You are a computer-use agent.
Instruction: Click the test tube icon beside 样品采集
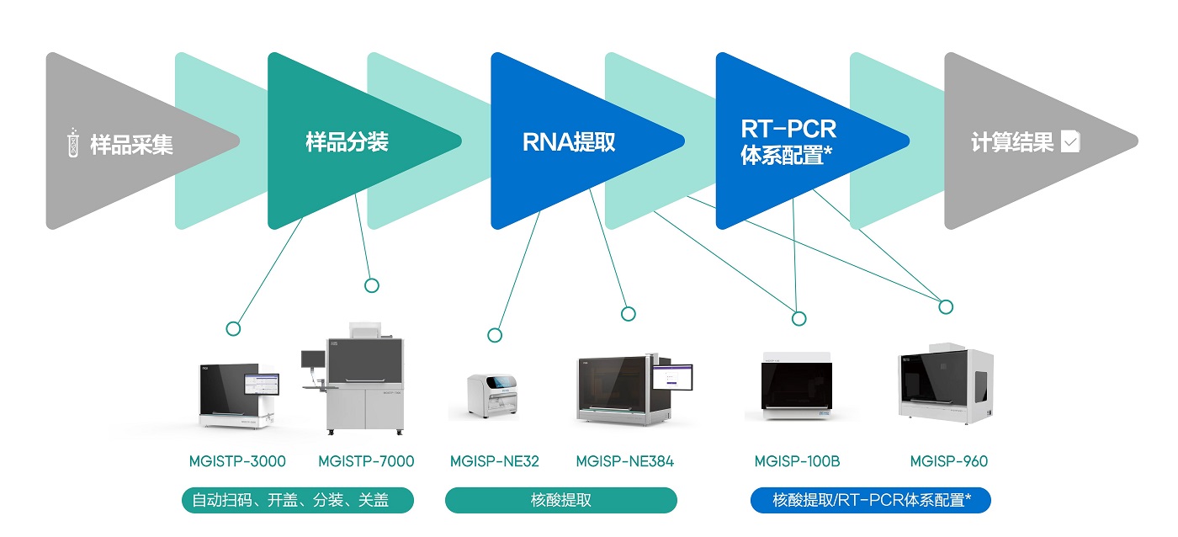pyautogui.click(x=73, y=142)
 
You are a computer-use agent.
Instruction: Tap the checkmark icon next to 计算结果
pyautogui.click(x=1070, y=141)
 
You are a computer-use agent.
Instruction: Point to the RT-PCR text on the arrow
pyautogui.click(x=788, y=129)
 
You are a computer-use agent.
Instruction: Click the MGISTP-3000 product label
pyautogui.click(x=237, y=461)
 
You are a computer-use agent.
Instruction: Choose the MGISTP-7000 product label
pyautogui.click(x=366, y=461)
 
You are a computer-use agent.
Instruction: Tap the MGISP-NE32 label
pyautogui.click(x=495, y=461)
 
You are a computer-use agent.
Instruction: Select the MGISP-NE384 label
pyautogui.click(x=624, y=461)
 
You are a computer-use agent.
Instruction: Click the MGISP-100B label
pyautogui.click(x=797, y=461)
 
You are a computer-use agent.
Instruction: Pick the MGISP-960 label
pyautogui.click(x=949, y=461)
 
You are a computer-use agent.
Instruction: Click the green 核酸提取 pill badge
pyautogui.click(x=560, y=500)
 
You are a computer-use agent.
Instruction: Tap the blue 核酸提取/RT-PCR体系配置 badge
pyautogui.click(x=870, y=500)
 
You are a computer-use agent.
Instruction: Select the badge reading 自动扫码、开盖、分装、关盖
pyautogui.click(x=298, y=500)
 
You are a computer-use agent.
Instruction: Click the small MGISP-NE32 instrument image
pyautogui.click(x=492, y=396)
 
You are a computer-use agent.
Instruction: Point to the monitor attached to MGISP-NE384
pyautogui.click(x=672, y=376)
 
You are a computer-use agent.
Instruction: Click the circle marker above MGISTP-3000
pyautogui.click(x=233, y=329)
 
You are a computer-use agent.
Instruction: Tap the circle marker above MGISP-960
pyautogui.click(x=946, y=306)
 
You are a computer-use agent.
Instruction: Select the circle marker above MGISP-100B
pyautogui.click(x=799, y=318)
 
